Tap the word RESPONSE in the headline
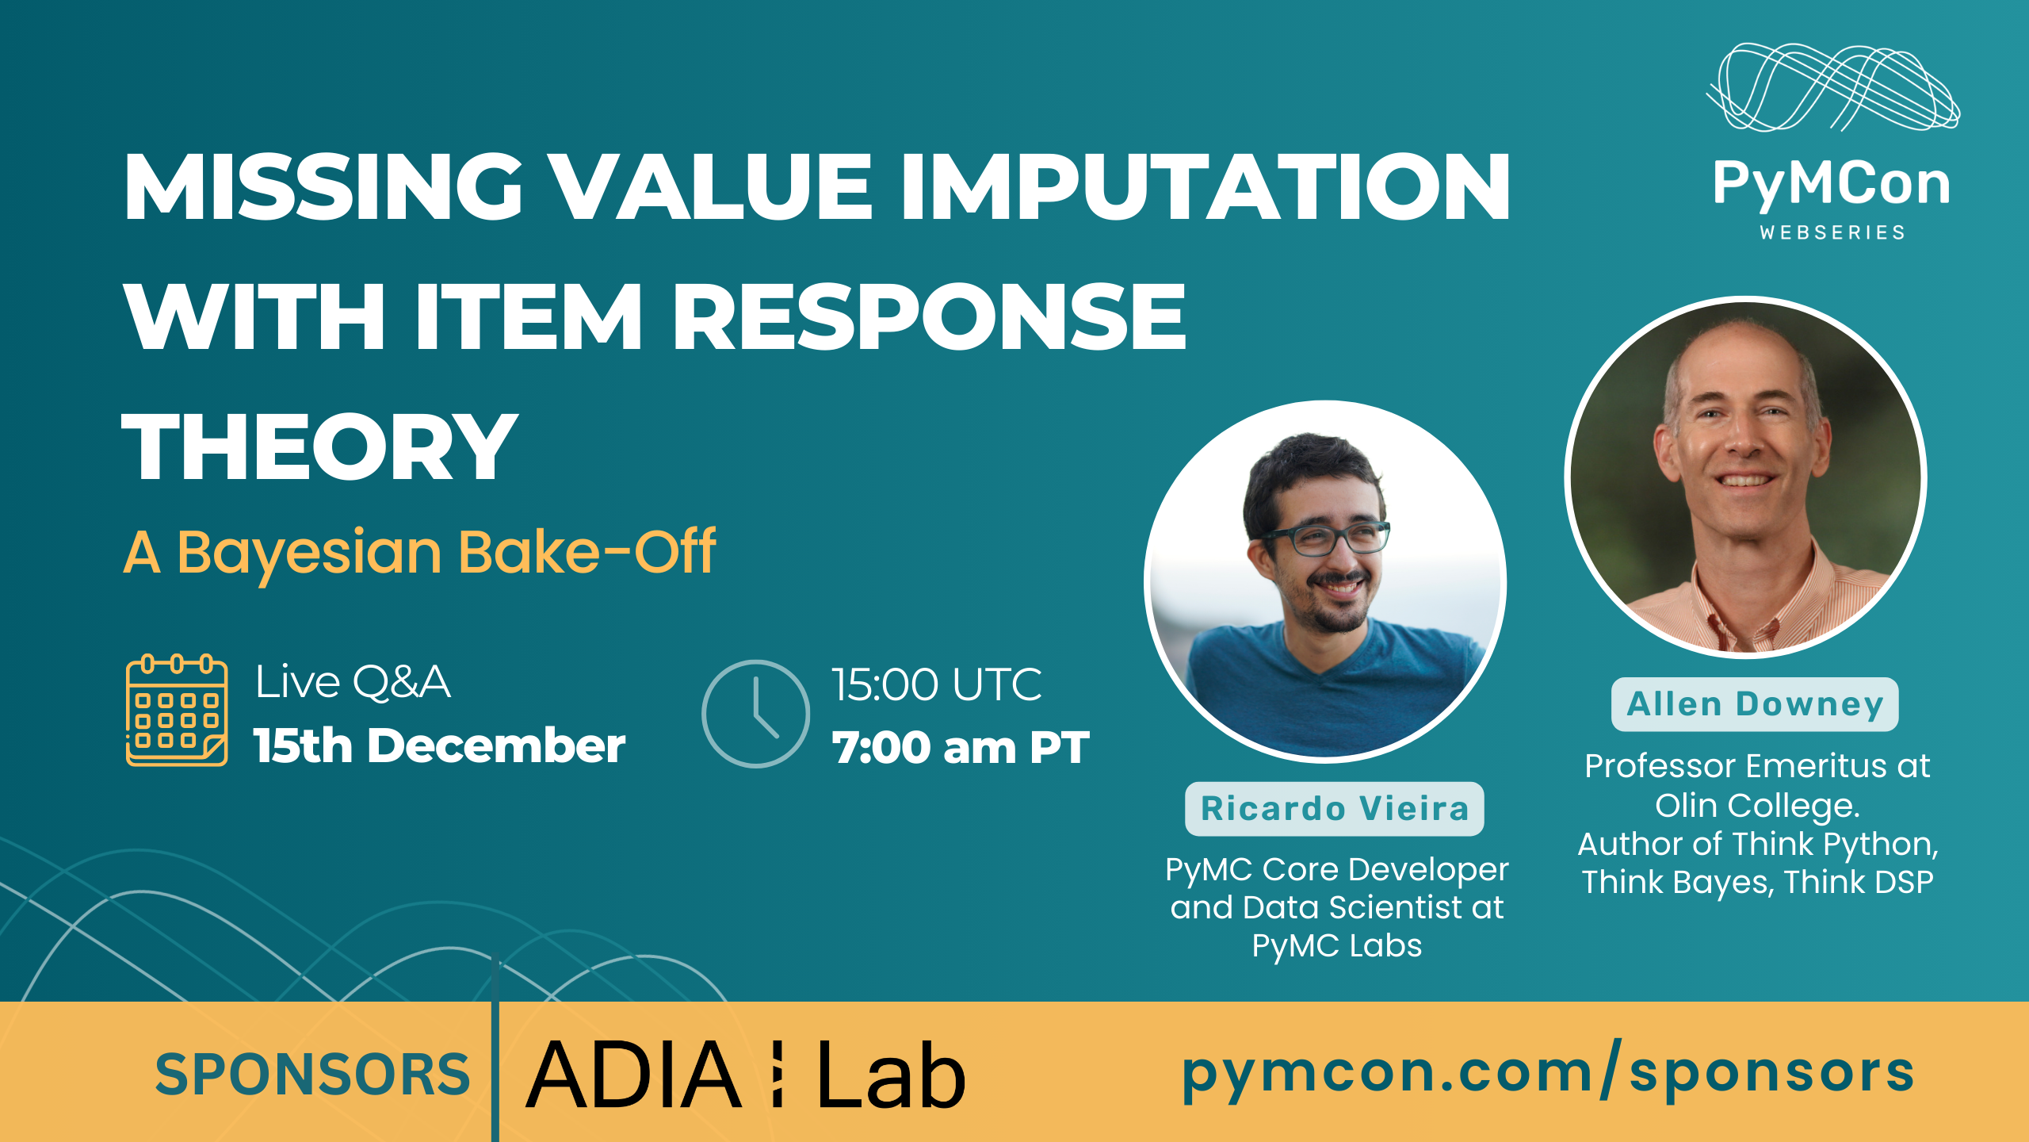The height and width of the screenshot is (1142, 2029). pyautogui.click(x=928, y=316)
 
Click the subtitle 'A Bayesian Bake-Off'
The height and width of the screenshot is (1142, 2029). pyautogui.click(x=419, y=553)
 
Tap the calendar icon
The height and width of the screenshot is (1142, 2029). pyautogui.click(x=177, y=711)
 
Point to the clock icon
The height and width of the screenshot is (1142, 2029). pyautogui.click(x=755, y=714)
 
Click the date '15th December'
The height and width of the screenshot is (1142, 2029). pyautogui.click(x=439, y=746)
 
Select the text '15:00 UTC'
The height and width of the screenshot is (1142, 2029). pyautogui.click(x=936, y=684)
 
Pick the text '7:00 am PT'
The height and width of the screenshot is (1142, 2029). pyautogui.click(x=961, y=747)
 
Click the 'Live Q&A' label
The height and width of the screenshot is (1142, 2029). pyautogui.click(x=353, y=682)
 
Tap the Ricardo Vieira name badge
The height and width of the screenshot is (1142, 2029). pyautogui.click(x=1335, y=809)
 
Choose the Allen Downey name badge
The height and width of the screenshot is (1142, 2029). pyautogui.click(x=1755, y=704)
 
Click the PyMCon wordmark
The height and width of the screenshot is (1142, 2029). pyautogui.click(x=1832, y=184)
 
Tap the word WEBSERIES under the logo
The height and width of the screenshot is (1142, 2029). pyautogui.click(x=1832, y=232)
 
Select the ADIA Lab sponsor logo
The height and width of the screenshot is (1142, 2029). pyautogui.click(x=746, y=1075)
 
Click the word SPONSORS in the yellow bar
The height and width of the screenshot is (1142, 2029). pyautogui.click(x=313, y=1075)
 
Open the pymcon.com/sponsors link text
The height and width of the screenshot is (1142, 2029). pyautogui.click(x=1548, y=1073)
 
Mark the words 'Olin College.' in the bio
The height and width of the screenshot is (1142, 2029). pyautogui.click(x=1757, y=806)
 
